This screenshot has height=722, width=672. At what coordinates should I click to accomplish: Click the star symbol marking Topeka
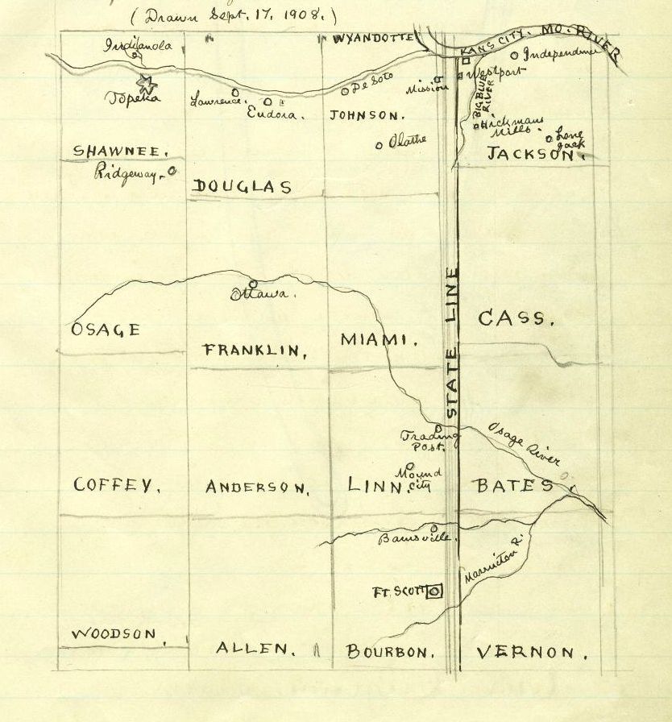tap(146, 82)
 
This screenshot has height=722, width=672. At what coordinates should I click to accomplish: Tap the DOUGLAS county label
tap(242, 187)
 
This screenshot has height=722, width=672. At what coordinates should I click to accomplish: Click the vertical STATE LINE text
tap(452, 342)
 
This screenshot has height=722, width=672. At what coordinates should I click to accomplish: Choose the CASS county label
tap(516, 318)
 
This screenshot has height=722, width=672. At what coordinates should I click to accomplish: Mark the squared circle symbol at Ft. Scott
tap(434, 592)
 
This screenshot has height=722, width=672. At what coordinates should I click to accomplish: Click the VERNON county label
tap(536, 652)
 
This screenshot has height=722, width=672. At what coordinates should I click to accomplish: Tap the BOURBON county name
tap(390, 652)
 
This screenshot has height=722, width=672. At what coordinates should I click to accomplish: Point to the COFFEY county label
tap(116, 485)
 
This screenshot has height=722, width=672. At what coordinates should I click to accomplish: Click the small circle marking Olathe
tap(379, 146)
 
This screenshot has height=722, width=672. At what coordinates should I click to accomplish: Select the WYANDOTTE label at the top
tap(372, 38)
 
